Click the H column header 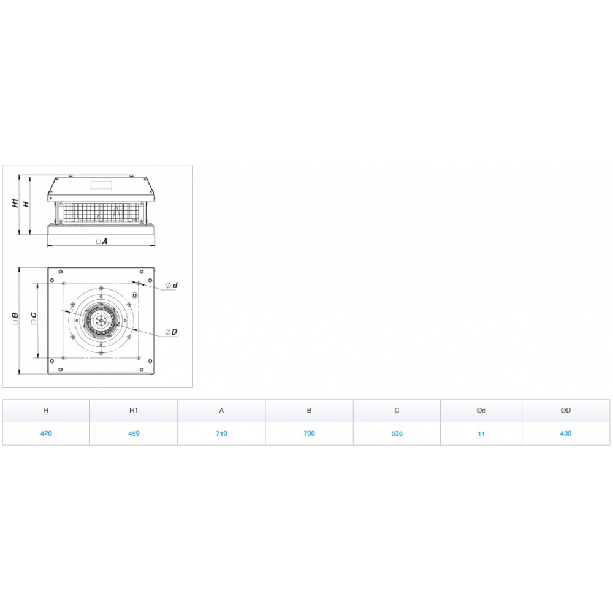[x=46, y=411]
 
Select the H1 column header [x=134, y=411]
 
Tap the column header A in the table [x=221, y=411]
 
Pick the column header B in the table [x=309, y=411]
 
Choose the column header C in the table [x=397, y=411]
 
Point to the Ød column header [x=481, y=411]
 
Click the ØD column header [x=566, y=411]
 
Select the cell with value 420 [x=46, y=433]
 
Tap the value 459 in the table [x=134, y=433]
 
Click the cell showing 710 [x=221, y=433]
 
